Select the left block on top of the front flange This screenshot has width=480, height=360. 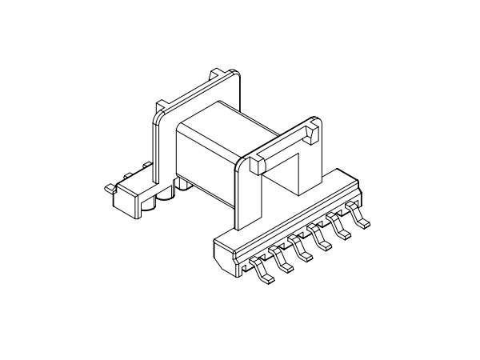258,165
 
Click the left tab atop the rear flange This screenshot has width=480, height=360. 162,104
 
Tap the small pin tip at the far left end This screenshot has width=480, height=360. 108,188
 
